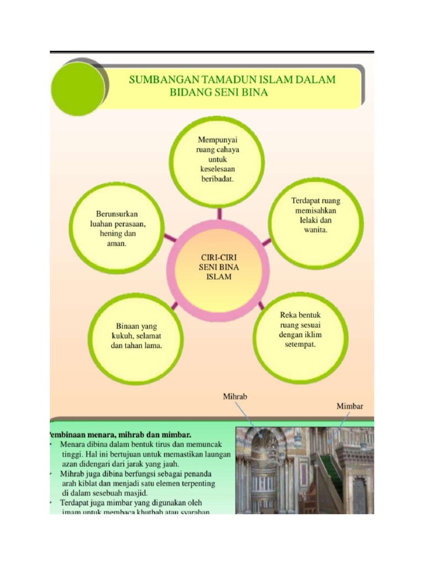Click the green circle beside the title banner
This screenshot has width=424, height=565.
[77, 89]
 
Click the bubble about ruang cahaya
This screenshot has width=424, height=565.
[217, 160]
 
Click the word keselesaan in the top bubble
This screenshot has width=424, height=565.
[218, 169]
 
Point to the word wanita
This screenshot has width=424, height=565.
[316, 230]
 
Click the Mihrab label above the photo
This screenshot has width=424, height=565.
[235, 396]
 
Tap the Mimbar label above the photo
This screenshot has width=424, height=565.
[350, 406]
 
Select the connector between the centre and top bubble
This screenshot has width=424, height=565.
[220, 214]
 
